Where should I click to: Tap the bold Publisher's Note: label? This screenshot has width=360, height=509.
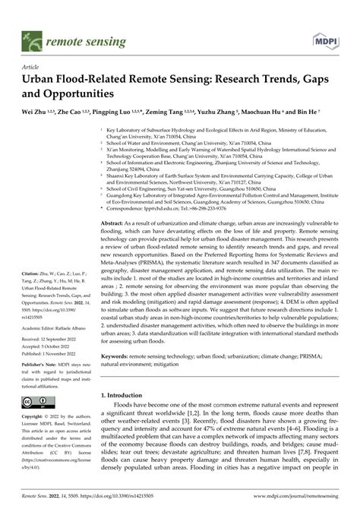coord(35,344)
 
